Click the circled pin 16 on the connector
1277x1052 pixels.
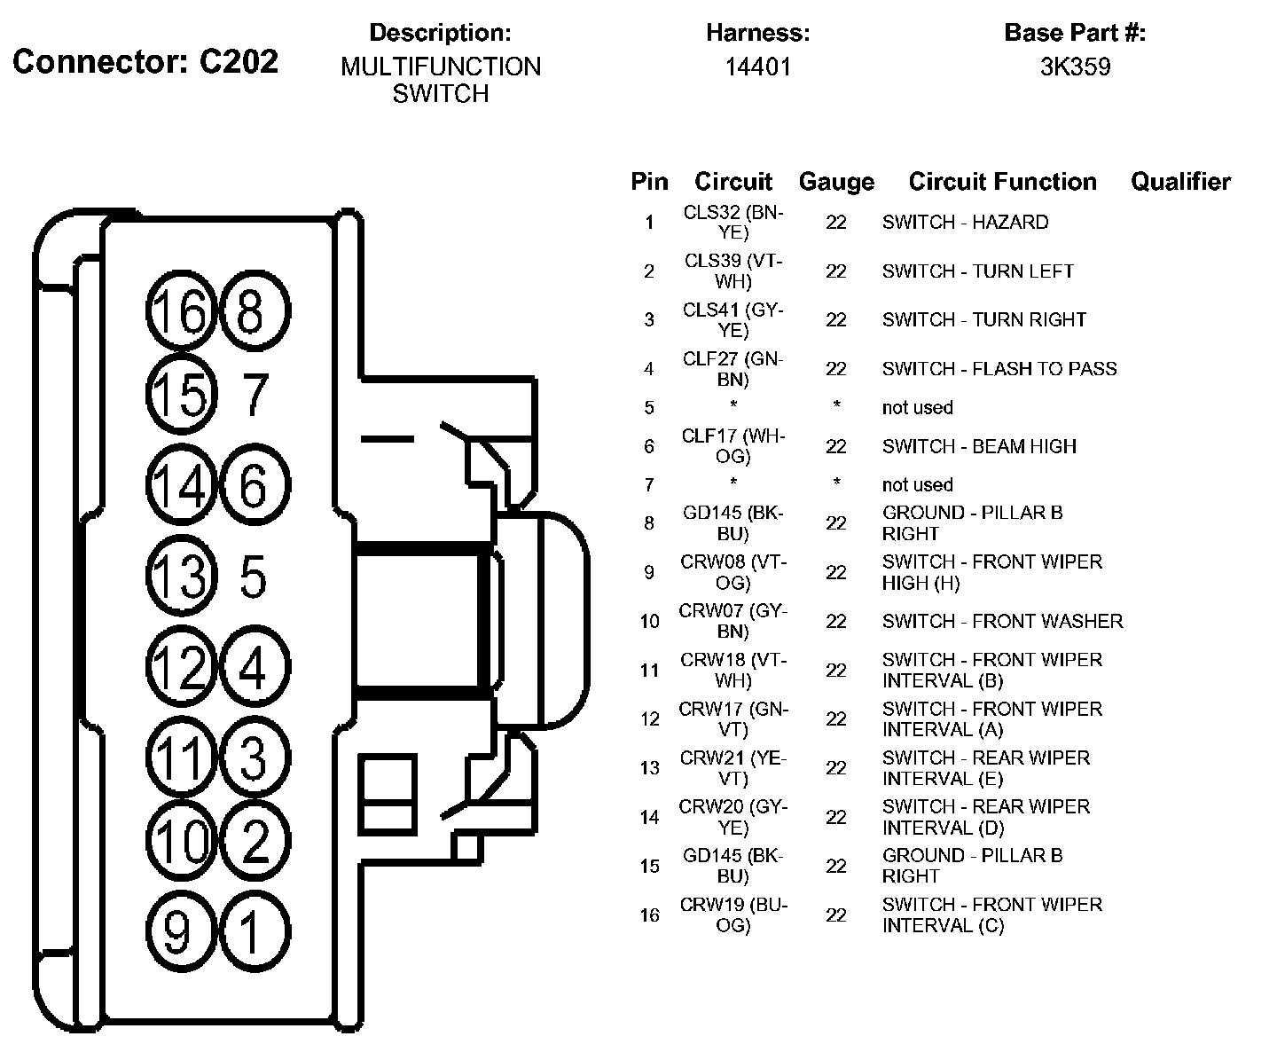click(180, 311)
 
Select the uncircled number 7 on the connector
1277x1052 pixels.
click(255, 395)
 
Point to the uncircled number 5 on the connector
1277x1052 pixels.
click(254, 577)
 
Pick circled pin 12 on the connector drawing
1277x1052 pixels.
click(180, 665)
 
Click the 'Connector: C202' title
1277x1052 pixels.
click(145, 61)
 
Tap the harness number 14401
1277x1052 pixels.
click(757, 67)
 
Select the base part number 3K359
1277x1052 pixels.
click(1075, 67)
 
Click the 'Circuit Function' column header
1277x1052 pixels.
click(1002, 182)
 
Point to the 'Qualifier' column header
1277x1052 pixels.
click(1180, 182)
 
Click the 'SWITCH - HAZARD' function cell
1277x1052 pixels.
click(965, 222)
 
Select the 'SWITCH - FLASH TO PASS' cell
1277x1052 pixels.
click(999, 368)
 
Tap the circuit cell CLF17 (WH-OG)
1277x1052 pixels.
click(733, 446)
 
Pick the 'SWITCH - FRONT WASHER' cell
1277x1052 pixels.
click(1002, 621)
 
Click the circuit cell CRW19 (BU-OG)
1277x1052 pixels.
click(733, 915)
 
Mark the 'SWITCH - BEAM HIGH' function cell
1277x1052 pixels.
click(979, 446)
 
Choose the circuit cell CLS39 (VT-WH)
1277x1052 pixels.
click(733, 271)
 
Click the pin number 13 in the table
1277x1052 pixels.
click(649, 768)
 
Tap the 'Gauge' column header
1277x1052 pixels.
click(836, 182)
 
